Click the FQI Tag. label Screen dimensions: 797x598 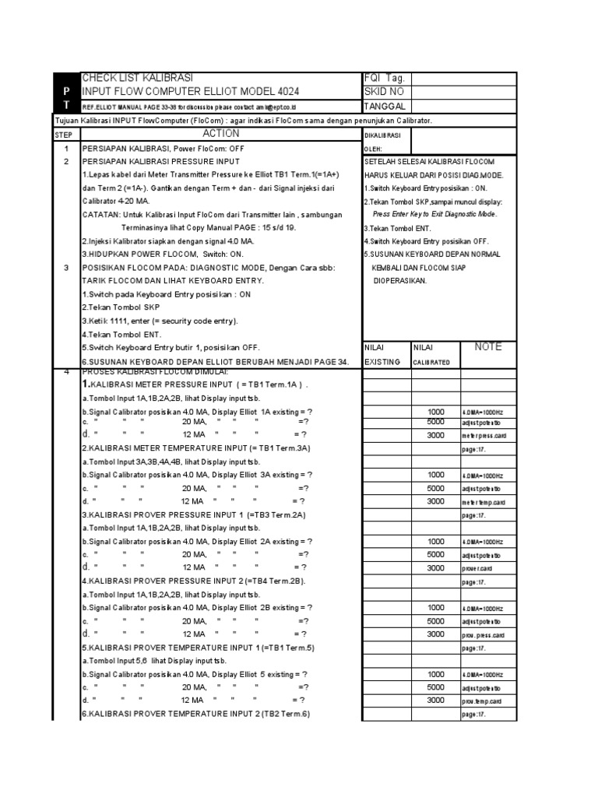pyautogui.click(x=385, y=79)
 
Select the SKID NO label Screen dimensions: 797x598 pyautogui.click(x=384, y=92)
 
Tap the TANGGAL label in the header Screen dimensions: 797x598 pyautogui.click(x=387, y=106)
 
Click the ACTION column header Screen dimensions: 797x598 pyautogui.click(x=220, y=134)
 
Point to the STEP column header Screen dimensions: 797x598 pyautogui.click(x=62, y=135)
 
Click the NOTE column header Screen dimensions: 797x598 pyautogui.click(x=488, y=347)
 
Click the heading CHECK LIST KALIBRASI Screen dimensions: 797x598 pyautogui.click(x=136, y=79)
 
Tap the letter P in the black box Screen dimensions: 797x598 pyautogui.click(x=66, y=92)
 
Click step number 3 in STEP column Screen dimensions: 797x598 pyautogui.click(x=66, y=267)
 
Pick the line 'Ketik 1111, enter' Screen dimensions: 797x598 pyautogui.click(x=160, y=321)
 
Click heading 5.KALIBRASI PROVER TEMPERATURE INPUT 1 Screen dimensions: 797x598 pyautogui.click(x=198, y=648)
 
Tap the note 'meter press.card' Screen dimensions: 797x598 pyautogui.click(x=484, y=436)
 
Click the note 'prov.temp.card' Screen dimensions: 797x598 pyautogui.click(x=481, y=701)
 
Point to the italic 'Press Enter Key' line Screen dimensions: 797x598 pyautogui.click(x=434, y=214)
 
